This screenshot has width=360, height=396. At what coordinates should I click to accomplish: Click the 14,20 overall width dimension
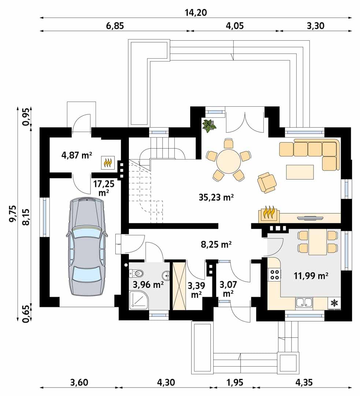(x=196, y=12)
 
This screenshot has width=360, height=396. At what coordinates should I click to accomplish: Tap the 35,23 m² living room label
(x=216, y=197)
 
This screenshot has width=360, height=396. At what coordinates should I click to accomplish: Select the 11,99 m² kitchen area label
(x=311, y=275)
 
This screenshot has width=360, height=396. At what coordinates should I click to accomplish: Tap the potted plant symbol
(x=209, y=125)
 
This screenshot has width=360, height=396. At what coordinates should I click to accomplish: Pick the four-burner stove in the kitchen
(x=274, y=275)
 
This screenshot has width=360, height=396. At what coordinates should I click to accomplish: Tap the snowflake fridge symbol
(x=334, y=302)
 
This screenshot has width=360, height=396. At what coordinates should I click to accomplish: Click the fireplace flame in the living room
(x=269, y=213)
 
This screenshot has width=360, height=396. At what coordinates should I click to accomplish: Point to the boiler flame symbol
(x=108, y=163)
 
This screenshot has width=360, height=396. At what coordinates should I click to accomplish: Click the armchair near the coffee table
(x=267, y=182)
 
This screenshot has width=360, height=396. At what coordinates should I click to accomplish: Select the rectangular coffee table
(x=300, y=172)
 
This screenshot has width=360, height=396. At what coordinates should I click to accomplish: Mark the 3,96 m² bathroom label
(x=148, y=285)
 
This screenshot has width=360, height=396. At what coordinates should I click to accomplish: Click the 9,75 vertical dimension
(x=12, y=214)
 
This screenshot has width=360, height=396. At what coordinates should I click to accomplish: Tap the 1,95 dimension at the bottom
(x=235, y=382)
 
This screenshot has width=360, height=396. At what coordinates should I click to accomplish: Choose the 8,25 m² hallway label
(x=216, y=245)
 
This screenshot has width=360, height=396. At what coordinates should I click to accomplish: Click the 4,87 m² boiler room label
(x=77, y=155)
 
